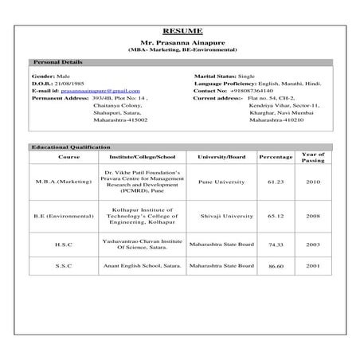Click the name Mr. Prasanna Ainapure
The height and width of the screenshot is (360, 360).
(182, 42)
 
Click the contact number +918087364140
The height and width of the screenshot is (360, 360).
(245, 91)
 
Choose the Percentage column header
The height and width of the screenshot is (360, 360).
(276, 157)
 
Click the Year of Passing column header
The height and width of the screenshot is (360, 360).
(313, 157)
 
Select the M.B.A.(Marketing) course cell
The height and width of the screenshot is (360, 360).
(64, 182)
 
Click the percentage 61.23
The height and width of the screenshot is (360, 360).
(276, 182)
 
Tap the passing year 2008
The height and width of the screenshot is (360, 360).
(313, 214)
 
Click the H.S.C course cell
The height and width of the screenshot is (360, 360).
(64, 245)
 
